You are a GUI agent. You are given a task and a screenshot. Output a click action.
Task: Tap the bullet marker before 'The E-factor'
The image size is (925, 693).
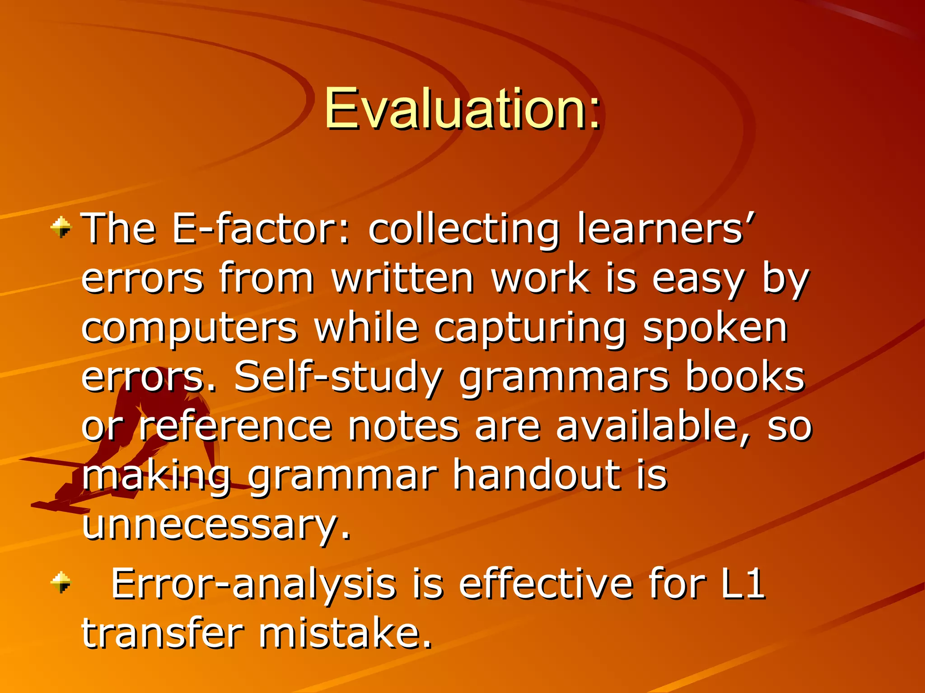click(x=61, y=227)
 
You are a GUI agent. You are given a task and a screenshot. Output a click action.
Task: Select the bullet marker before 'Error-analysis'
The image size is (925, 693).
click(x=61, y=582)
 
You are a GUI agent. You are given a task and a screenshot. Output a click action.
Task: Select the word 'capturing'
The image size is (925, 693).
click(x=530, y=329)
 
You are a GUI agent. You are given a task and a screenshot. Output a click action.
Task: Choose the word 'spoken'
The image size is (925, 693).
click(x=715, y=329)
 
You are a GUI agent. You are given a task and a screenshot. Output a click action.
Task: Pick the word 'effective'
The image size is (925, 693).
click(x=547, y=584)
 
